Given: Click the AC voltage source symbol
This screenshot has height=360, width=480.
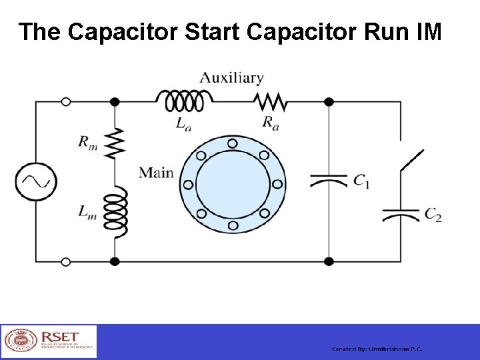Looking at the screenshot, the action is [x=36, y=181].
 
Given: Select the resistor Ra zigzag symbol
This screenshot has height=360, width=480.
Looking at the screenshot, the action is [x=271, y=101].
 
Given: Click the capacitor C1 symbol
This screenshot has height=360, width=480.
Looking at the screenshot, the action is [x=329, y=180].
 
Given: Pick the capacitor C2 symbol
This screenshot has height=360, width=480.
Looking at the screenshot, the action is [x=401, y=214].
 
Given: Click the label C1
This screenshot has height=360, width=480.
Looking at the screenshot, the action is [x=361, y=181].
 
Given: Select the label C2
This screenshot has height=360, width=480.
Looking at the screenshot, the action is [x=433, y=215].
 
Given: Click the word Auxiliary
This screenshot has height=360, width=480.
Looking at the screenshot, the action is [x=232, y=78].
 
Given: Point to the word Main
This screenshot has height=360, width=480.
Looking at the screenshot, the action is [x=156, y=173].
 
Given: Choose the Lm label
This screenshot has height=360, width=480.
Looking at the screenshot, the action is [x=87, y=212].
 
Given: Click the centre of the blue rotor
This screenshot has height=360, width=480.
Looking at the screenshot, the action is [x=232, y=183].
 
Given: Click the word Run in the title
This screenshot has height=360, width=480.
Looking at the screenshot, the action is [x=370, y=31].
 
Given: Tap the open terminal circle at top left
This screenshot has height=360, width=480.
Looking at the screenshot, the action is [x=65, y=101].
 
